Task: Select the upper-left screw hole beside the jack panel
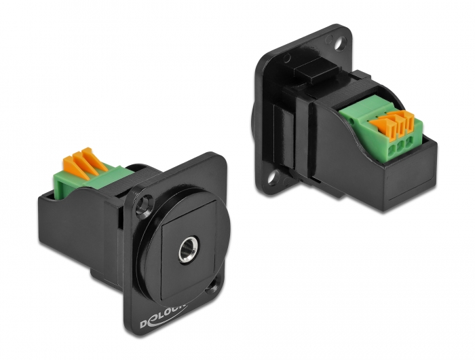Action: point(143,202)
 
